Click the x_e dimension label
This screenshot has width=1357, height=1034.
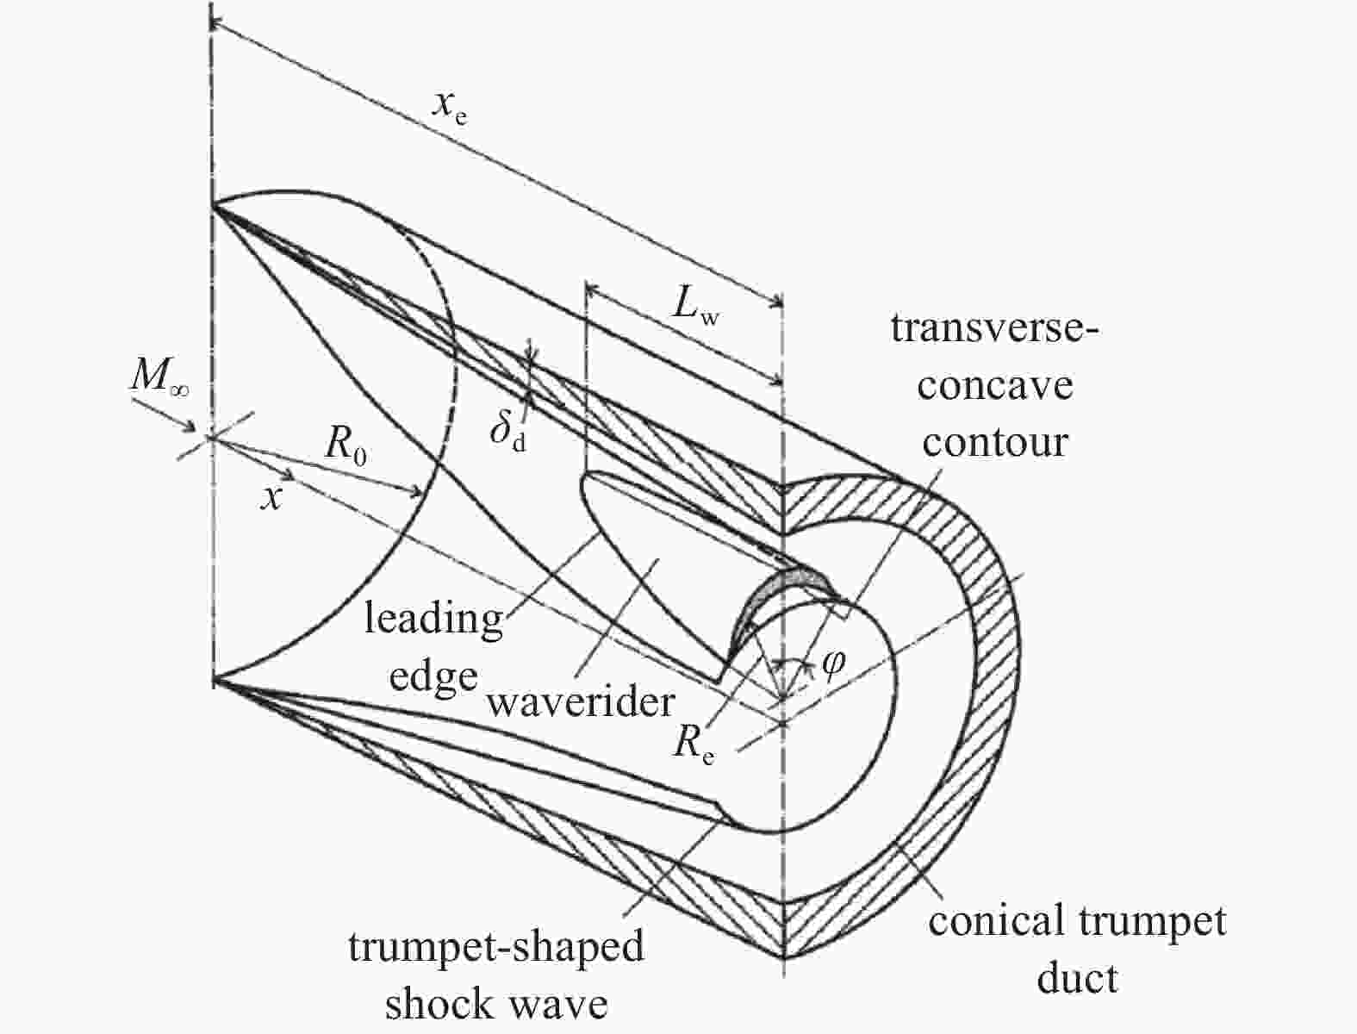[450, 109]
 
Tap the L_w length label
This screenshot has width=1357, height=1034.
[696, 308]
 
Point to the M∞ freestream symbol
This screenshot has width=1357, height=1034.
[159, 377]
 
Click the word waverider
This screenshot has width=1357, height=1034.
[580, 703]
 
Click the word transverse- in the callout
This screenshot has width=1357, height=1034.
[995, 328]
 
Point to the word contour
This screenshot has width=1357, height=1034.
[995, 443]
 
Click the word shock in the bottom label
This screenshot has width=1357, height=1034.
[440, 1005]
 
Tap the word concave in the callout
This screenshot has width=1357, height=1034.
[995, 387]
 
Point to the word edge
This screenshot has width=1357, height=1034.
[433, 679]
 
